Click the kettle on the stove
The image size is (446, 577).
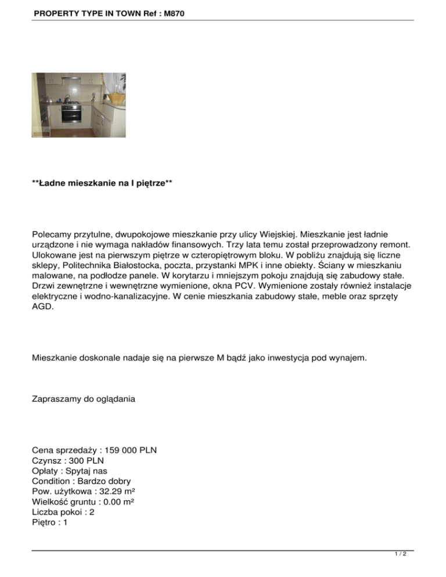(69, 98)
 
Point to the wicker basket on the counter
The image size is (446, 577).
(118, 95)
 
